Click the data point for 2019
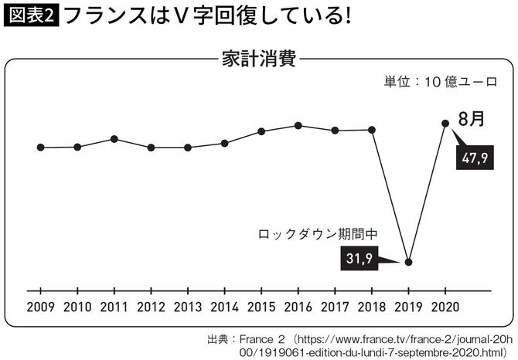[x=409, y=262]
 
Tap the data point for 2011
[x=114, y=139]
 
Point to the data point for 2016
[x=298, y=125]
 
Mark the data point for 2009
[x=40, y=148]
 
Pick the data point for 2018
[x=373, y=130]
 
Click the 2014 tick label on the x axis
[x=224, y=306]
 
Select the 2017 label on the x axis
[x=335, y=306]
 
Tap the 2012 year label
[x=151, y=306]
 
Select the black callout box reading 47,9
[x=473, y=159]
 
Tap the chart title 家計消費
[x=259, y=59]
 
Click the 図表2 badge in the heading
[x=31, y=16]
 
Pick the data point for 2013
[x=188, y=148]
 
